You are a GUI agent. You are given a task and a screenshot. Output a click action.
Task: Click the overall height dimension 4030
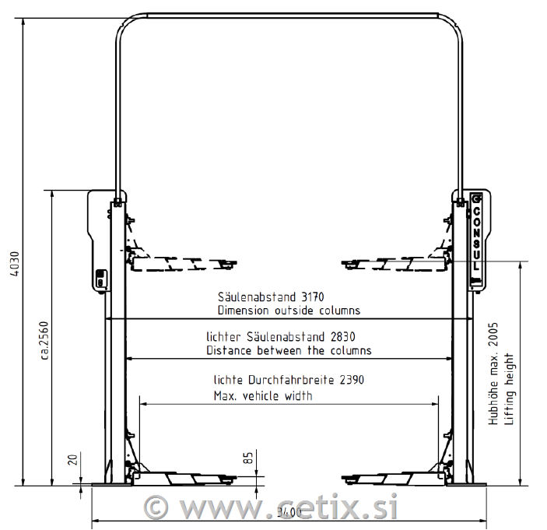tap(15, 264)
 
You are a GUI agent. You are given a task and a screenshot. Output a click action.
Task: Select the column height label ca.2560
tap(44, 341)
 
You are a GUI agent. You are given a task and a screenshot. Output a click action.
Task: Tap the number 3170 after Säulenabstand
tap(313, 297)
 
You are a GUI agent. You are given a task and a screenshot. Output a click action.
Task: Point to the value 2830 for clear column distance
tap(343, 337)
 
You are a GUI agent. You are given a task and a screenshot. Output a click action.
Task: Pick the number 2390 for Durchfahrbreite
tap(352, 380)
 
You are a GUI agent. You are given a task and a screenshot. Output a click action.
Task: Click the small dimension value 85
tap(247, 458)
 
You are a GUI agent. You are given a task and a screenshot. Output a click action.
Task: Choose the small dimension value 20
tap(72, 459)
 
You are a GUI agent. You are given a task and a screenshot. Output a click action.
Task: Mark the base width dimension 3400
tap(289, 512)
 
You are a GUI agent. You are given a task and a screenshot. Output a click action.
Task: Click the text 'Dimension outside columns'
tap(289, 311)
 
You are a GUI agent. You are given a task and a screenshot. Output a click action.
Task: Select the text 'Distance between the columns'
tap(289, 350)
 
